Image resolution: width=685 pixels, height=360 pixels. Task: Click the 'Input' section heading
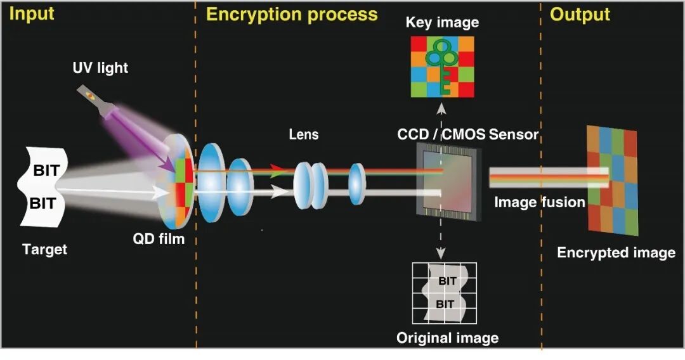(31, 14)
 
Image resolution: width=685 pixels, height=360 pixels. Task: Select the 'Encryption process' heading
(292, 15)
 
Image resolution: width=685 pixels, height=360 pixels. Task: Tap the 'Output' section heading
(580, 15)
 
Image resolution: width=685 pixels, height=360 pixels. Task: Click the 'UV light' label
(100, 67)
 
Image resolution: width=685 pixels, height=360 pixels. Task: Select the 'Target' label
(44, 250)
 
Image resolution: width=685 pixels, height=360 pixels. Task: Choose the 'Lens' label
(304, 134)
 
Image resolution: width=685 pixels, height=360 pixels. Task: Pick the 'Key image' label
(442, 23)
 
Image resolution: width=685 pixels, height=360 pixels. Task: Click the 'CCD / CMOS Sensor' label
(468, 134)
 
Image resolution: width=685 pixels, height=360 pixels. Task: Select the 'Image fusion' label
(539, 202)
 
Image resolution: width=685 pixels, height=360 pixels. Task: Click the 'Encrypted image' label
(616, 253)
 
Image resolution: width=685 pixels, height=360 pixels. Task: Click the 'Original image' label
(447, 338)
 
